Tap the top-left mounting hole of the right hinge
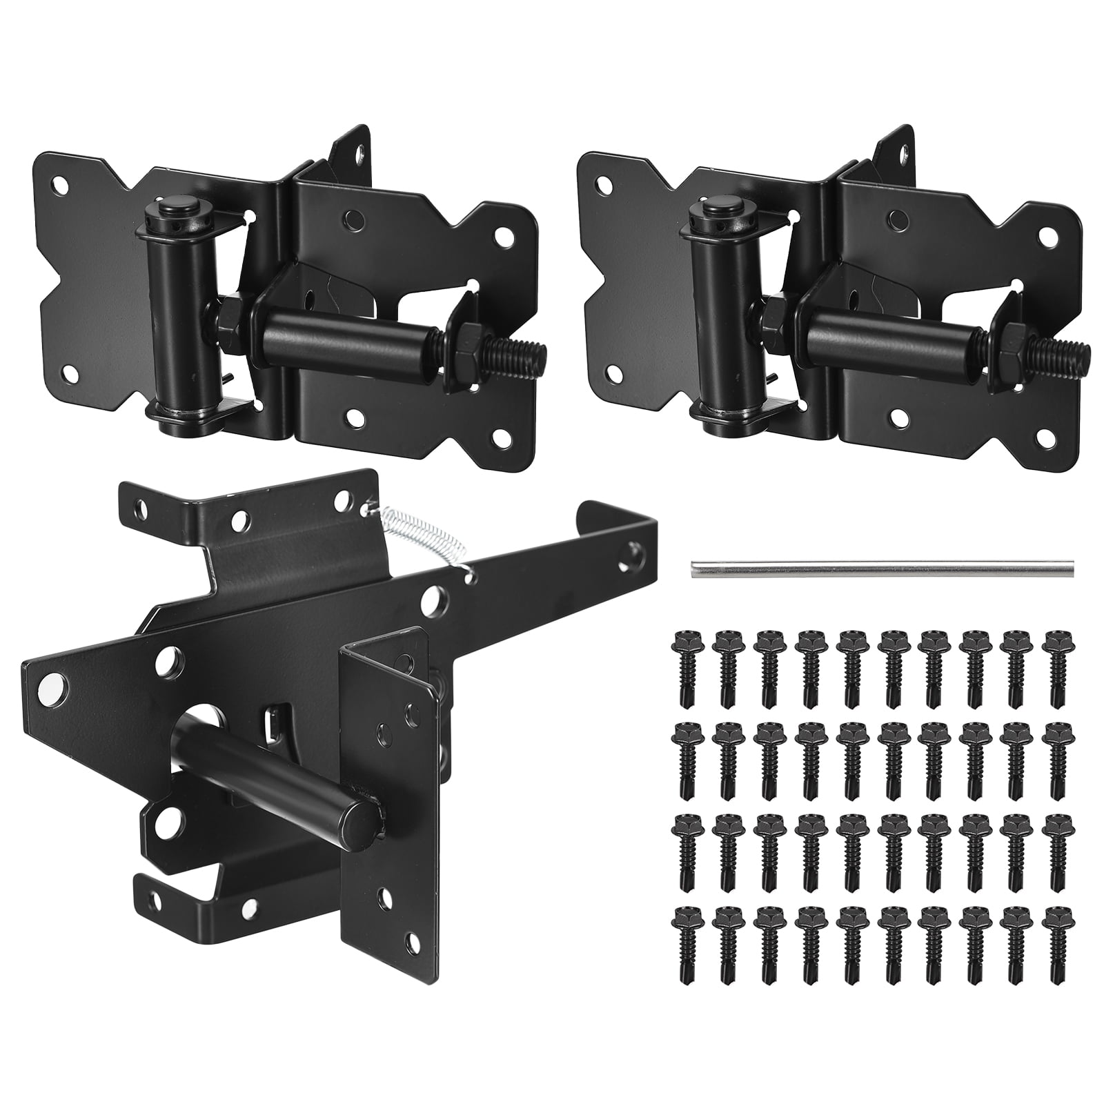[x=605, y=185]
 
